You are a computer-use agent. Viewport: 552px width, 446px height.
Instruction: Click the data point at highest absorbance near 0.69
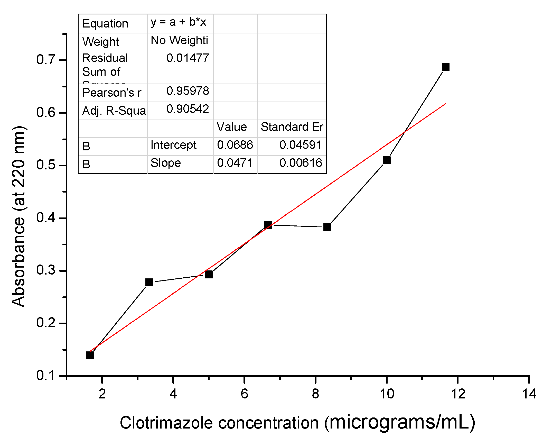445,67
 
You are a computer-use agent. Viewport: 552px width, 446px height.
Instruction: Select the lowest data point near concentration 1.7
90,355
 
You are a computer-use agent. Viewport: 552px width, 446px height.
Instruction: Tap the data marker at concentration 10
387,160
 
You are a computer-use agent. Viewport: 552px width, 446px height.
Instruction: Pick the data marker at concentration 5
209,275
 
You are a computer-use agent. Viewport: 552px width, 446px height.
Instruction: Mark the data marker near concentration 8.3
327,227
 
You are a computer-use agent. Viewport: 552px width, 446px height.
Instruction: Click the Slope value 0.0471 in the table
235,163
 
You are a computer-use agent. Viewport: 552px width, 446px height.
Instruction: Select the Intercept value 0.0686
235,145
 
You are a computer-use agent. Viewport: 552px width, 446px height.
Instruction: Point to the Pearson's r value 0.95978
188,91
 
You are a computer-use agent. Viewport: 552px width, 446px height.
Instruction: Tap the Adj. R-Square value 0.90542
188,109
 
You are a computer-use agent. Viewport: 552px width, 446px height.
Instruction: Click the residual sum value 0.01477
188,58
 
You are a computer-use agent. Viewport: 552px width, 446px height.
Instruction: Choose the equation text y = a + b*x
178,22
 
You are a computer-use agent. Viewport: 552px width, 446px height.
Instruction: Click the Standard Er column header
292,127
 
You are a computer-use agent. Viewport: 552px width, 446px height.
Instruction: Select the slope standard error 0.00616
301,163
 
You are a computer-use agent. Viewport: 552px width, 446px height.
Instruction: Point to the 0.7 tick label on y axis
45,60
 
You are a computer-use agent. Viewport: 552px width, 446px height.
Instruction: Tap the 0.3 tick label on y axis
45,270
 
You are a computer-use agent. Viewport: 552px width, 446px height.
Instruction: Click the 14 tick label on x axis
529,394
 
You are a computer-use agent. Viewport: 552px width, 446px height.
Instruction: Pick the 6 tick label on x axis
244,394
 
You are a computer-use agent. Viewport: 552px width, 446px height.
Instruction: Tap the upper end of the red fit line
445,104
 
